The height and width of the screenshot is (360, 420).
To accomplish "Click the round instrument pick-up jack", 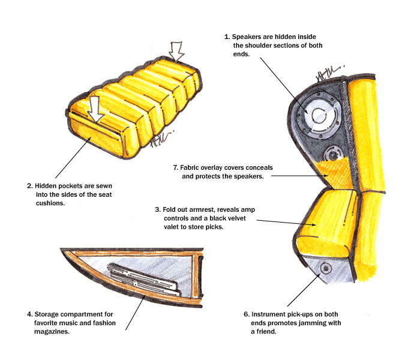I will coord(326,268).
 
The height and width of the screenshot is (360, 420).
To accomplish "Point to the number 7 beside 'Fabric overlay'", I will coord(174,168).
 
